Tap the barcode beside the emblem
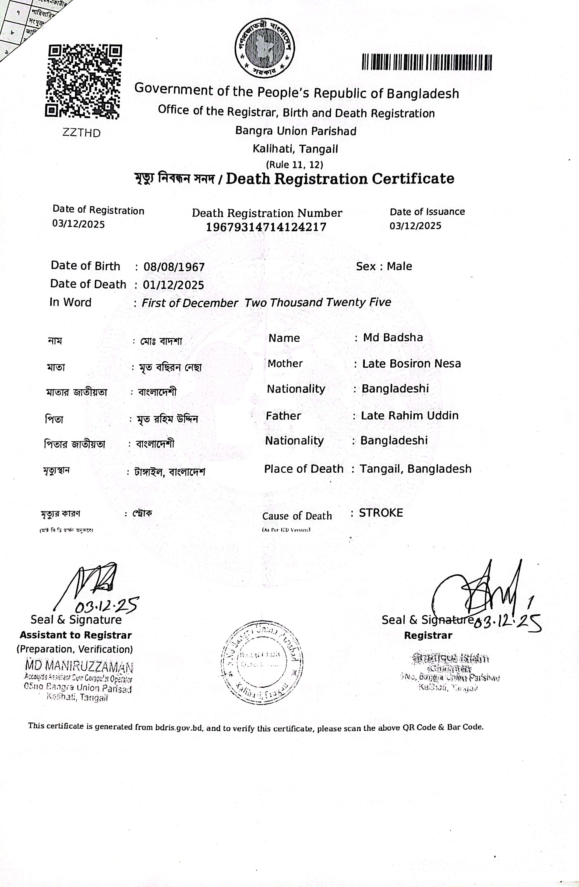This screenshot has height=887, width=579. [x=427, y=62]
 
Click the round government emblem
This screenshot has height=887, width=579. [x=264, y=48]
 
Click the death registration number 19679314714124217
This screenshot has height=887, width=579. [x=266, y=227]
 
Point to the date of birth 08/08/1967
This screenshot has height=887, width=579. [x=174, y=267]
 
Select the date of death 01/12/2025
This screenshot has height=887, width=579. [x=174, y=285]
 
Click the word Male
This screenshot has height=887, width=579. [x=399, y=266]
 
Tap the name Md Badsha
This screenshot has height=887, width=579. [x=393, y=338]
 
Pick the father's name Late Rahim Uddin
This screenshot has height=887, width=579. [x=409, y=416]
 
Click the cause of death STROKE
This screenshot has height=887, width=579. [x=381, y=513]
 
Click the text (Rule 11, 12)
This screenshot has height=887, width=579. [x=294, y=164]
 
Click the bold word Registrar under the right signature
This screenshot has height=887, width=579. [x=428, y=635]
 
